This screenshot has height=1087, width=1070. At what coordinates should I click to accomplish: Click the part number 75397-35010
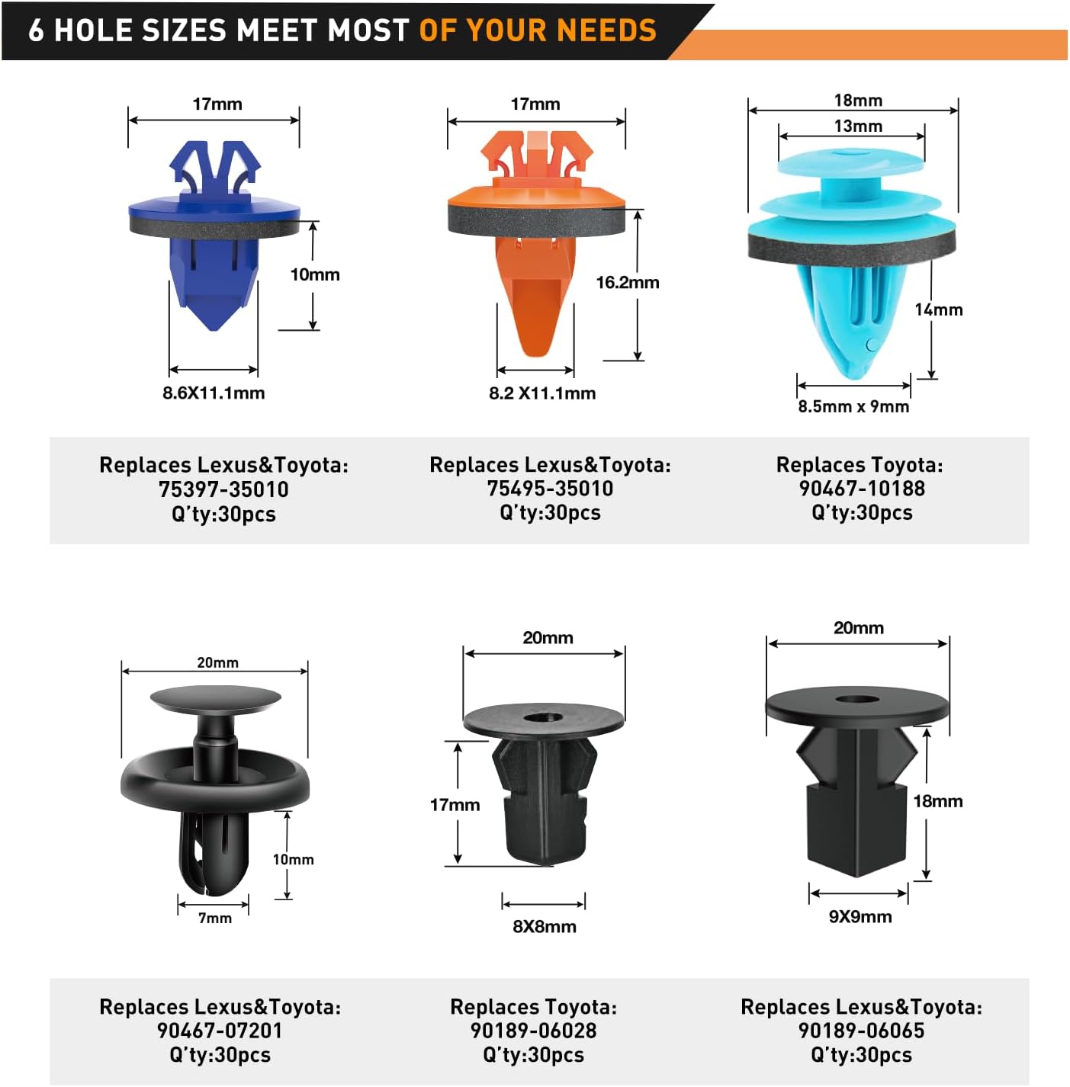coord(223,489)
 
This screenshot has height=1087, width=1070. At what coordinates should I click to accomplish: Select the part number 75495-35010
coord(550,489)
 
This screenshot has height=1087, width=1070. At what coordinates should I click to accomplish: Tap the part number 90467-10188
coord(862,489)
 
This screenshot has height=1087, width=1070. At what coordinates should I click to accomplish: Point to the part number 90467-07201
coord(220,1031)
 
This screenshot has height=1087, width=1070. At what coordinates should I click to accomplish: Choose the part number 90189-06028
coord(534,1031)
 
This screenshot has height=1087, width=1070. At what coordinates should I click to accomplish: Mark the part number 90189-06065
coord(861,1031)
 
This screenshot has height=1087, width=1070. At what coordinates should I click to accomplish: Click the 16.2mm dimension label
coord(628,282)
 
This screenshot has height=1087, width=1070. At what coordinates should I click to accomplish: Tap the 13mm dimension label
coord(858,126)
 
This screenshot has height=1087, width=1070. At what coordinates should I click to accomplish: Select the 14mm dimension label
coord(938,309)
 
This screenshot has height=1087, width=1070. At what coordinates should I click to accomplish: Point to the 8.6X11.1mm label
coord(214,393)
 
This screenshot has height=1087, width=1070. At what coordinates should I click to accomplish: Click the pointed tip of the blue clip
coord(213,329)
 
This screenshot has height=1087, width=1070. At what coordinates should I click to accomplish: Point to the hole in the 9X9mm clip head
coord(856,700)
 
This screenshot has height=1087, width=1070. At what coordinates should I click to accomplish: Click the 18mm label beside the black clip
coord(938,801)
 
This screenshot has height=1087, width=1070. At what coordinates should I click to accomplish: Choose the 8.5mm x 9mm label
coord(853,406)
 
